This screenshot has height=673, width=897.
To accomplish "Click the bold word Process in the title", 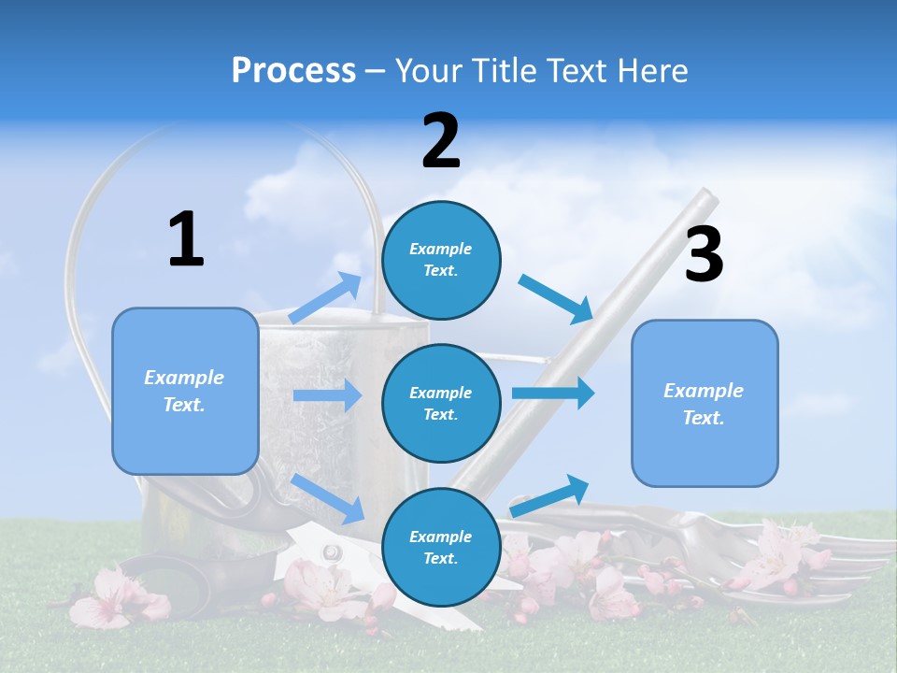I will pyautogui.click(x=293, y=71).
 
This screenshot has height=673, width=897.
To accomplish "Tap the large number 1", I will pyautogui.click(x=186, y=240).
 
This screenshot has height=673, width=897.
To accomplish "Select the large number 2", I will pyautogui.click(x=441, y=141).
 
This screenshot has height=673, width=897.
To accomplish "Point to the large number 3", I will pyautogui.click(x=704, y=255).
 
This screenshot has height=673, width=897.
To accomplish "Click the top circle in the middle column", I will pyautogui.click(x=441, y=260).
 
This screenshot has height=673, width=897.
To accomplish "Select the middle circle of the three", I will pyautogui.click(x=441, y=403).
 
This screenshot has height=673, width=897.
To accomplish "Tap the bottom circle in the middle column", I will pyautogui.click(x=441, y=547).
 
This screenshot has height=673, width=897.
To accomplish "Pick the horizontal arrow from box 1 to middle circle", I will pyautogui.click(x=327, y=395).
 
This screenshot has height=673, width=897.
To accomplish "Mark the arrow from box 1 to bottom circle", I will pyautogui.click(x=328, y=498).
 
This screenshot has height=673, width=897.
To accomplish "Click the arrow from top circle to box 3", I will pyautogui.click(x=556, y=298).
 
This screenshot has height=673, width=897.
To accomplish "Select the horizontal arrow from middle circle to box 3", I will pyautogui.click(x=553, y=393).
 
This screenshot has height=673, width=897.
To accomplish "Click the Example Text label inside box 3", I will pyautogui.click(x=704, y=404).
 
